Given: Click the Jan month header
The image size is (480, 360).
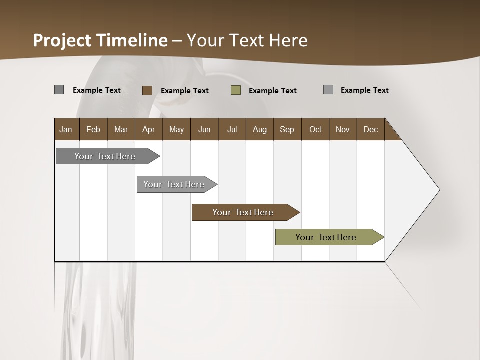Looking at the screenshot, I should (x=66, y=129).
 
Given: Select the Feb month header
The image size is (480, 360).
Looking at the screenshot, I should (x=93, y=129).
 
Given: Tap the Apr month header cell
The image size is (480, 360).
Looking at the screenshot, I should (x=148, y=129).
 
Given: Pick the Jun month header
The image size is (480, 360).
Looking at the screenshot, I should (x=204, y=129).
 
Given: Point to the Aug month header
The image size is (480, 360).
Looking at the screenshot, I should (x=259, y=129).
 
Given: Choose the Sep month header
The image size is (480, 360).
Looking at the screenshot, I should (x=287, y=129).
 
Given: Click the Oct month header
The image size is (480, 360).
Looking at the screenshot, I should (x=315, y=129).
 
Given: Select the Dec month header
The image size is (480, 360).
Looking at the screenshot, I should (x=370, y=129).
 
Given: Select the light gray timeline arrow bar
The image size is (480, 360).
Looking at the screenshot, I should (x=175, y=184).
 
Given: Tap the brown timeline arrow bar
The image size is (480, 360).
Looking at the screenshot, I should (x=244, y=212).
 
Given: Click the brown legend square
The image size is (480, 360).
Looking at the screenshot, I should (x=147, y=90).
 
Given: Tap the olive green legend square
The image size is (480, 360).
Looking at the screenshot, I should (x=236, y=90).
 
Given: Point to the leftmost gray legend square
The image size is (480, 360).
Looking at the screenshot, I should (x=59, y=90).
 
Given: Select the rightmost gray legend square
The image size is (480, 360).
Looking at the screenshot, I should (x=328, y=90).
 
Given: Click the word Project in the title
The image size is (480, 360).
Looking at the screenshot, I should (x=62, y=40).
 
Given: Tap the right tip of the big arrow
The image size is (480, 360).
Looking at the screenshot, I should (x=438, y=190).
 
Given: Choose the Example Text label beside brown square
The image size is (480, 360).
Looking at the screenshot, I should (x=184, y=91).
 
